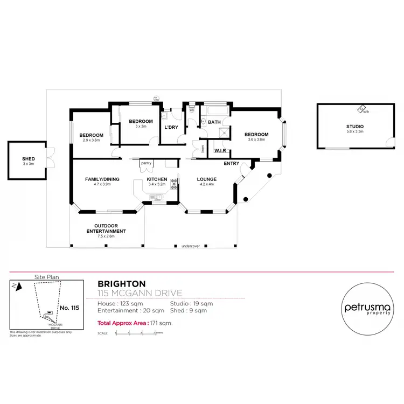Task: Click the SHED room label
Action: click(x=28, y=159)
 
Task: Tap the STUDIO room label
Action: click(x=354, y=126)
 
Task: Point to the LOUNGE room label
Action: click(x=206, y=179)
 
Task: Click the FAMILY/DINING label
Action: click(x=102, y=179)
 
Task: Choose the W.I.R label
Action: click(x=219, y=151)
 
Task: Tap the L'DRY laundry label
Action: click(x=172, y=128)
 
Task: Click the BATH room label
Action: click(x=214, y=122)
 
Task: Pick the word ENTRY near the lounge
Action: click(x=232, y=164)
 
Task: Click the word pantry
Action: click(x=145, y=163)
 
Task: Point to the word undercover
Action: click(x=191, y=246)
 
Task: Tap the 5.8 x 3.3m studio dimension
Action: click(x=354, y=131)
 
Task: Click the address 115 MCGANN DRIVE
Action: click(x=140, y=294)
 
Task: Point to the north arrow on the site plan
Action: click(x=18, y=287)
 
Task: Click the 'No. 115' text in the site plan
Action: click(x=68, y=308)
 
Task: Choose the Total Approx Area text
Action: click(x=135, y=323)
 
